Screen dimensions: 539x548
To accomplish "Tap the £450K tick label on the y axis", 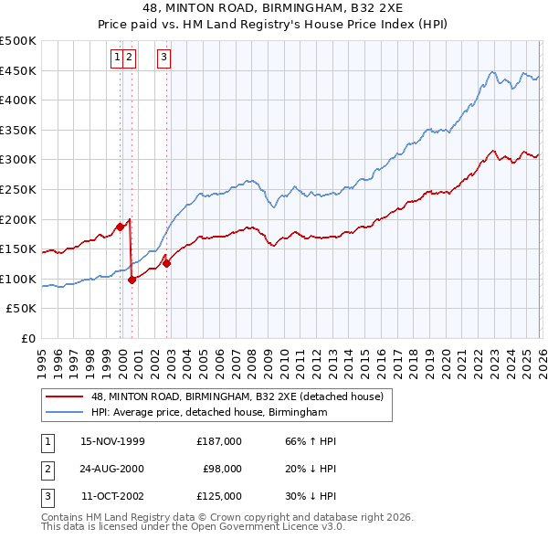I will click(x=19, y=70).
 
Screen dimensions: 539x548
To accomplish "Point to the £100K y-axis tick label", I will click(x=19, y=279).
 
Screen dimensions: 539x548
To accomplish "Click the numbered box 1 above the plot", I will click(x=118, y=58).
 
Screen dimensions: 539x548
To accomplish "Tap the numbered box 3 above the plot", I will click(x=163, y=58).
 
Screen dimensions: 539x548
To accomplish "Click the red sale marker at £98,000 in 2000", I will click(x=132, y=280).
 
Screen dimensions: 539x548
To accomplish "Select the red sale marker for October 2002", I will click(x=167, y=263).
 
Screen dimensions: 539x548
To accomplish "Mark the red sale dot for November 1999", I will click(x=120, y=227).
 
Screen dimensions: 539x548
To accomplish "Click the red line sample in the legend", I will click(x=64, y=397).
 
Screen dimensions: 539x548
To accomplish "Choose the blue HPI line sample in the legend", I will click(x=64, y=413).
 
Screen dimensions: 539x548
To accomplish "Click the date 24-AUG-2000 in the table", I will click(x=113, y=469).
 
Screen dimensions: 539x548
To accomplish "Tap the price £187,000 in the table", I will click(x=218, y=441).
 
